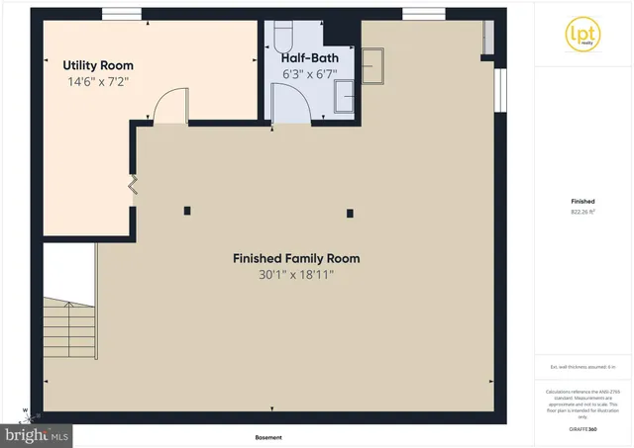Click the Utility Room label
click(x=91, y=64)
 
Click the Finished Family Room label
click(x=296, y=258)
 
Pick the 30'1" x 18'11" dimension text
click(x=296, y=275)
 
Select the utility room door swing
click(x=170, y=105)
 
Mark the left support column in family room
click(x=187, y=210)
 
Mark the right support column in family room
click(x=349, y=212)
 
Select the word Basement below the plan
click(x=268, y=437)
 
